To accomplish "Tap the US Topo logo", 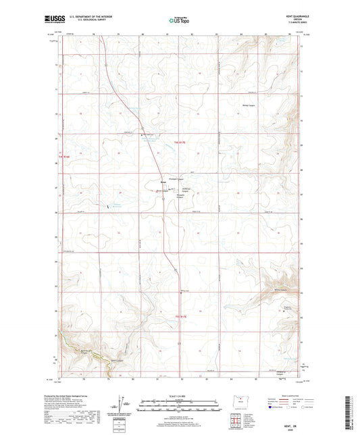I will pos(179,20).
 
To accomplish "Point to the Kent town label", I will pos(163,182).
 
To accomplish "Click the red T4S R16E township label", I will pos(64,159).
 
